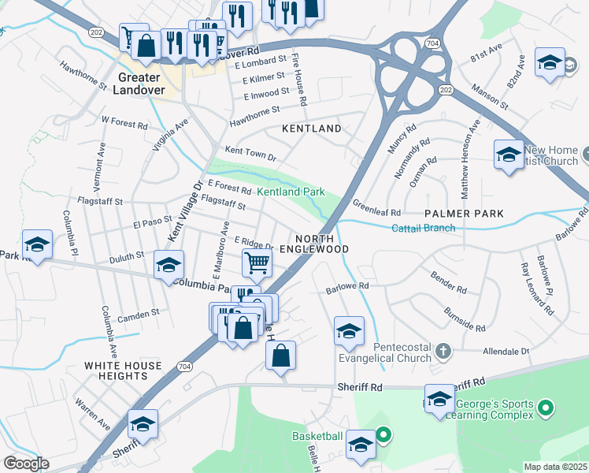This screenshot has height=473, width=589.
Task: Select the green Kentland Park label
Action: [291, 192]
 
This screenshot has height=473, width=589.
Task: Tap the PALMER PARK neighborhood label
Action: [463, 214]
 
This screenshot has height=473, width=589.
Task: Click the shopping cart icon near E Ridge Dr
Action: [257, 263]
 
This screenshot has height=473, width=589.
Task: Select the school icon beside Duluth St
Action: [169, 265]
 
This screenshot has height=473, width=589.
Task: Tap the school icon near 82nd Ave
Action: [550, 62]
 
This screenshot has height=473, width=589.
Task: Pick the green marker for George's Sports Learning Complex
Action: [544, 408]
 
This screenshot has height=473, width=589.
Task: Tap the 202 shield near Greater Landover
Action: [96, 32]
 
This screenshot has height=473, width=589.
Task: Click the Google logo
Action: [26, 463]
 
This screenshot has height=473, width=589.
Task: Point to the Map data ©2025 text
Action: [555, 467]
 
